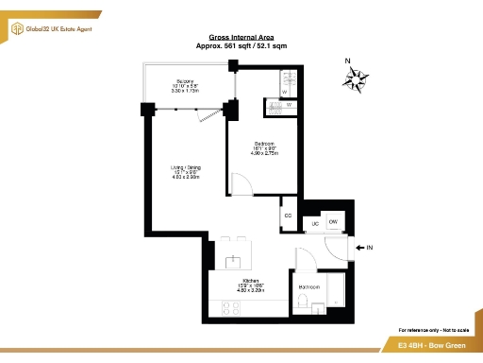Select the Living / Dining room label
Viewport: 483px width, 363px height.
[x=186, y=167]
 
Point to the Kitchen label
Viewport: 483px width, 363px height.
[x=250, y=282]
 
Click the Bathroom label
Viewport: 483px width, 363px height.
[x=308, y=285]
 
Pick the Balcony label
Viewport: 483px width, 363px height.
[x=185, y=81]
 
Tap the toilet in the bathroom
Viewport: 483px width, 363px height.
[x=302, y=302]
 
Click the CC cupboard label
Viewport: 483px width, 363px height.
[x=288, y=216]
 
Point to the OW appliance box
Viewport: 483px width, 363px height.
[x=333, y=221]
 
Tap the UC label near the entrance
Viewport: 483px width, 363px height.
[x=315, y=223]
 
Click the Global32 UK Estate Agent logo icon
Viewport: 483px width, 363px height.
[x=17, y=29]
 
